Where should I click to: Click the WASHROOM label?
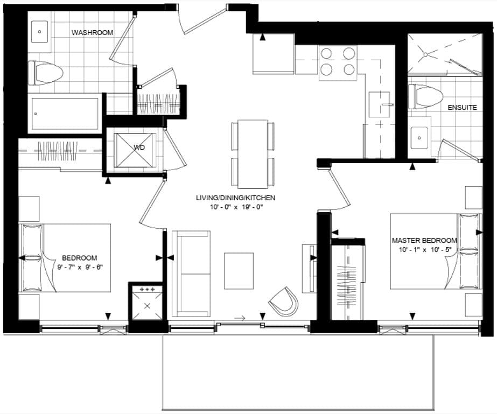(x=92, y=33)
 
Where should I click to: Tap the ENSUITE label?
(x=462, y=108)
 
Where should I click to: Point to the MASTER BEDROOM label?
(x=424, y=241)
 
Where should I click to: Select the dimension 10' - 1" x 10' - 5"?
(x=424, y=250)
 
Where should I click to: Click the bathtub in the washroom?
(x=65, y=113)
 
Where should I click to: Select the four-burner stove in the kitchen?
(x=338, y=61)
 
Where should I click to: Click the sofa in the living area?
(x=191, y=273)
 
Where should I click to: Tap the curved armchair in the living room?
(x=284, y=300)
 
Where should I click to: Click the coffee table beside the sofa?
(x=239, y=271)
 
